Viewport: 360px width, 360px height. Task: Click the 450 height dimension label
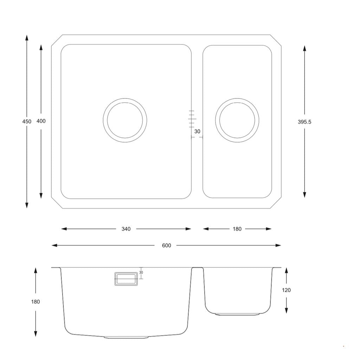coord(27,121)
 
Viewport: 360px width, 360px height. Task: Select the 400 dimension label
coord(41,121)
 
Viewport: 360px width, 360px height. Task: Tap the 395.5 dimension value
coord(304,122)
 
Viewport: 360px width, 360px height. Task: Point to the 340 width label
coord(126,229)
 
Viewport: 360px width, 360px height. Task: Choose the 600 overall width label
coord(167,245)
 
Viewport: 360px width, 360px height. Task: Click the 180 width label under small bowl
coord(237,229)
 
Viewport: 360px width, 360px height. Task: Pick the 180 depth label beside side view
coord(36,302)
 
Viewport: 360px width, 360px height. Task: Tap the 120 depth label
coord(287,290)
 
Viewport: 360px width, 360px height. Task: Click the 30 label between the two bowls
coord(197,131)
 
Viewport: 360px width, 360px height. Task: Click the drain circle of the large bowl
coord(125,120)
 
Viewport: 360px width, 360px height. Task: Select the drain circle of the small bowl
coord(237,120)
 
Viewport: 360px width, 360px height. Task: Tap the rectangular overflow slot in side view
coord(125,279)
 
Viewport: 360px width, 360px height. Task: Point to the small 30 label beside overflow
coord(141,272)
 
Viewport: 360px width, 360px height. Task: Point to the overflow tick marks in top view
coord(192,119)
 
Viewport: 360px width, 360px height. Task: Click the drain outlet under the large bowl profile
coord(126,337)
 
